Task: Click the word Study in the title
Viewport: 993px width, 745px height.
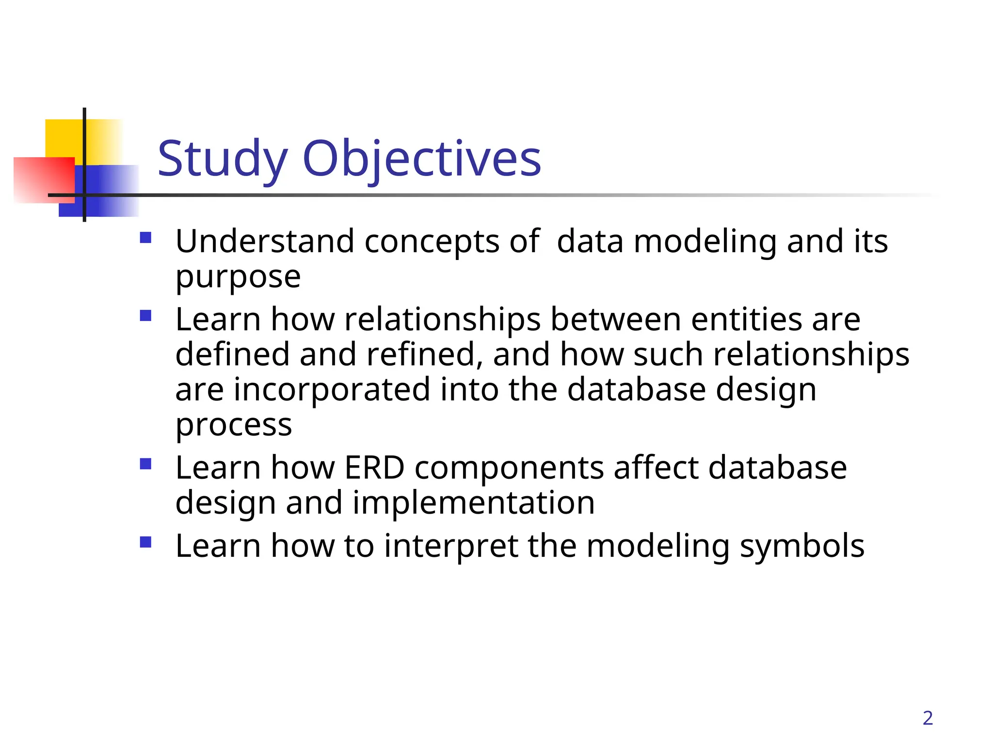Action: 223,159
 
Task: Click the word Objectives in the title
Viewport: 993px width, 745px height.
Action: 421,159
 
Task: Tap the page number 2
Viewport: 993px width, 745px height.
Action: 928,718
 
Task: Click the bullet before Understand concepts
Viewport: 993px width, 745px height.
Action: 145,238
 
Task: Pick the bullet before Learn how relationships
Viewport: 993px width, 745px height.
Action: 145,316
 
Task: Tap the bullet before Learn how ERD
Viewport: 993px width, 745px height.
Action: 145,464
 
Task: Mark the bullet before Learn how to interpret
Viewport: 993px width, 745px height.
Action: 145,542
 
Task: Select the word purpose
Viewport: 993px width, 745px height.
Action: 238,277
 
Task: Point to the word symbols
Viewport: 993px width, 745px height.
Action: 802,546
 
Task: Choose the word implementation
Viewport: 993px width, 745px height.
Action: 473,502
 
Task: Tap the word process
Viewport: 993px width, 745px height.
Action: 233,425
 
